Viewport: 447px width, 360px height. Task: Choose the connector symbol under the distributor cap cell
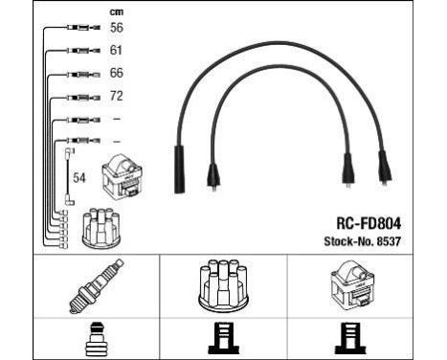pyautogui.click(x=222, y=337)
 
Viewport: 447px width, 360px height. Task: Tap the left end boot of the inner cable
pyautogui.click(x=213, y=175)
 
